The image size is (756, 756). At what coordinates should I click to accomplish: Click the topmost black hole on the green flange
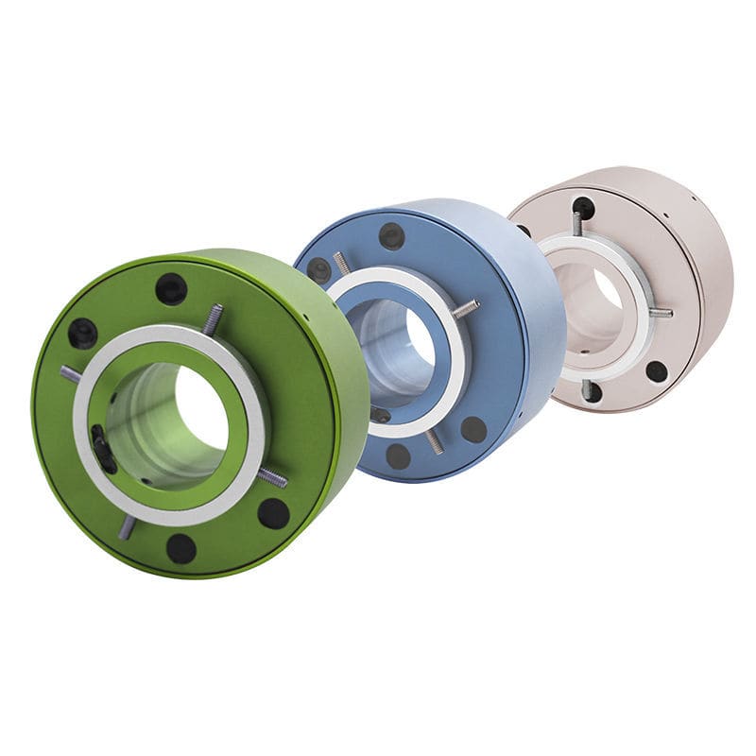point(171,288)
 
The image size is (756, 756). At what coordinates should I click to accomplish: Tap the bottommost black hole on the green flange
point(180,547)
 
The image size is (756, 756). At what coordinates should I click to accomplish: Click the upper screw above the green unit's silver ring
point(214,318)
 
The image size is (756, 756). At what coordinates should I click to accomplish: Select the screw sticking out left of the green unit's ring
point(71,374)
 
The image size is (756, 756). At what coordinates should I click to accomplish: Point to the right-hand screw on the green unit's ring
point(272,478)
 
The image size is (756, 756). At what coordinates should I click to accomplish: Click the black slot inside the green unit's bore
point(101,448)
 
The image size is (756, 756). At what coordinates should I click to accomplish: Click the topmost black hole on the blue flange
point(391,235)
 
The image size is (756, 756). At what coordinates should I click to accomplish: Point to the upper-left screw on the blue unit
point(341,262)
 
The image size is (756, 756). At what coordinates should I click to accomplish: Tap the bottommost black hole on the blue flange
point(399,455)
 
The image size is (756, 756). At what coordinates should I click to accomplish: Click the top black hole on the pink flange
point(583,207)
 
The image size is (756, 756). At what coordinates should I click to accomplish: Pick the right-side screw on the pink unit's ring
point(661,312)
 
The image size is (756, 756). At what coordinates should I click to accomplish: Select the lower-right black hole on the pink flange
point(656,370)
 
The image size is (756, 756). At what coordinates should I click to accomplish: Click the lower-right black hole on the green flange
point(273,513)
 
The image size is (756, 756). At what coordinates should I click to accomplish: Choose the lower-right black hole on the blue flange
point(473,429)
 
